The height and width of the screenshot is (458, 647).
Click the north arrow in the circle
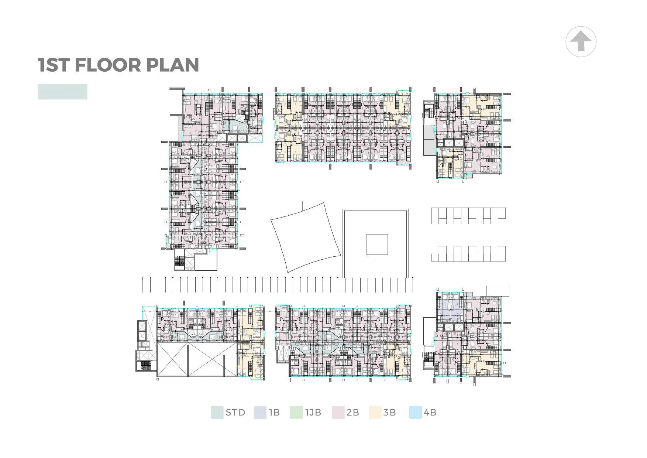pyautogui.click(x=581, y=41)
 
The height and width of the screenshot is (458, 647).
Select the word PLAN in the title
pyautogui.click(x=172, y=65)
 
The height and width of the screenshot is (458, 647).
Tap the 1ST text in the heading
pyautogui.click(x=54, y=65)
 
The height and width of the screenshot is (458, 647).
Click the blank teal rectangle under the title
pyautogui.click(x=63, y=92)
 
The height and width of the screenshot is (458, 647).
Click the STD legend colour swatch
pyautogui.click(x=217, y=413)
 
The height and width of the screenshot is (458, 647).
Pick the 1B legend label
pyautogui.click(x=274, y=413)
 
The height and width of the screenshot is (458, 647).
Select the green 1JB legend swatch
pyautogui.click(x=296, y=413)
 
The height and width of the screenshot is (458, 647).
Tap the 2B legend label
pyautogui.click(x=353, y=413)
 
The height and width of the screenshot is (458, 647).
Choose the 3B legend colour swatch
pyautogui.click(x=375, y=413)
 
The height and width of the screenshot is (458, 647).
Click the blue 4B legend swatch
pyautogui.click(x=416, y=413)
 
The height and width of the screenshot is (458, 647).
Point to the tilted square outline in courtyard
pyautogui.click(x=306, y=237)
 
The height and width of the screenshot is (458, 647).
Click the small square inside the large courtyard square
pyautogui.click(x=377, y=244)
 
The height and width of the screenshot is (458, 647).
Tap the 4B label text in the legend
pyautogui.click(x=430, y=413)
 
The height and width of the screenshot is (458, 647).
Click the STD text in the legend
pyautogui.click(x=235, y=413)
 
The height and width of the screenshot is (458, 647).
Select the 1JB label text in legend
pyautogui.click(x=313, y=413)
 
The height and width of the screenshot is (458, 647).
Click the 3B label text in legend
pyautogui.click(x=389, y=413)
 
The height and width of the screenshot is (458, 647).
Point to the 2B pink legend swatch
pyautogui.click(x=338, y=413)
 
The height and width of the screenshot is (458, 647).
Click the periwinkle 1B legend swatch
pyautogui.click(x=260, y=413)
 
